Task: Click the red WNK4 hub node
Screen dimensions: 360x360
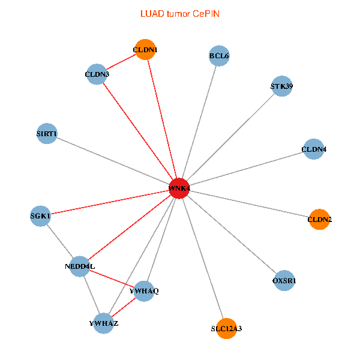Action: click(179, 188)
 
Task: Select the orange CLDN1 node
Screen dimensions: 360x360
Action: click(145, 50)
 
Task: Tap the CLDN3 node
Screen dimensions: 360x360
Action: click(97, 75)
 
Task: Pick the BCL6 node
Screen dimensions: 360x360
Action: click(219, 56)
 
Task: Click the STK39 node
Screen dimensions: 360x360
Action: click(281, 86)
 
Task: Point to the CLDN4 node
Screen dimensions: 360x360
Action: click(313, 149)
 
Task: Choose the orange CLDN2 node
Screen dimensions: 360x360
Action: click(319, 220)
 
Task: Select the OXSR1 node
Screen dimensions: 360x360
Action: click(284, 280)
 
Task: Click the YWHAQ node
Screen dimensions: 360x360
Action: click(144, 291)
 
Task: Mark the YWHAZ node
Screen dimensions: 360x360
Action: click(104, 323)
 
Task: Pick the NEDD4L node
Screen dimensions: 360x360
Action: click(80, 266)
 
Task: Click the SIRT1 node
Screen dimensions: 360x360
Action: click(46, 133)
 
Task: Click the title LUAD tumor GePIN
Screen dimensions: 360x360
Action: click(179, 13)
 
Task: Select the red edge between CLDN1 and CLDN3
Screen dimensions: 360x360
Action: click(121, 62)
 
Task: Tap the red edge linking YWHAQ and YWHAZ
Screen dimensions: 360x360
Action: click(124, 307)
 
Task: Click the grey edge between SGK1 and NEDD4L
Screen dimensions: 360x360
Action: click(60, 240)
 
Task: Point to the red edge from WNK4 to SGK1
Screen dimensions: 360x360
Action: click(110, 202)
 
